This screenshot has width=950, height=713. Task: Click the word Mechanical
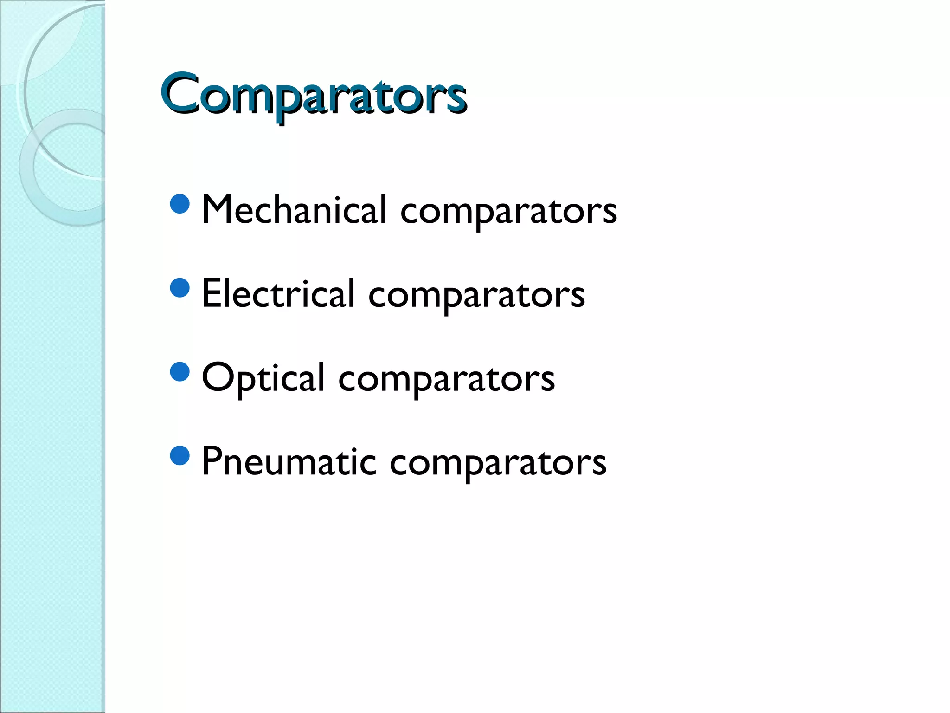pos(294,210)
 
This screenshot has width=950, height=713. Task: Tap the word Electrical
pos(278,293)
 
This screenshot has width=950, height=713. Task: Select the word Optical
pos(263,377)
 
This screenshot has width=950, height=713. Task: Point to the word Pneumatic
pos(289,461)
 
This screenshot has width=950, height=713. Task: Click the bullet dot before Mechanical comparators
pos(180,204)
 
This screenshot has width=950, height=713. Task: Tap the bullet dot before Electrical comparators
pos(180,288)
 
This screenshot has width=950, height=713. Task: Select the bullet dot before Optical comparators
pos(180,372)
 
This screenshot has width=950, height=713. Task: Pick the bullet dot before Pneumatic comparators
pos(180,456)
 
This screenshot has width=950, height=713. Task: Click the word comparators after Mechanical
pos(508,212)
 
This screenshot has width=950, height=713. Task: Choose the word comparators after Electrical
pos(476,296)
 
